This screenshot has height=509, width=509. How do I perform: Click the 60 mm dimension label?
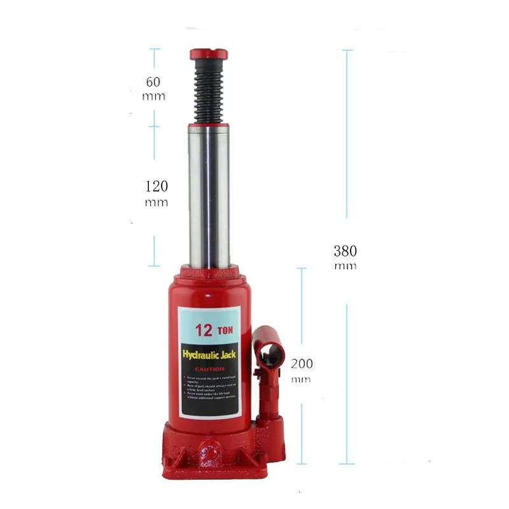(x=153, y=88)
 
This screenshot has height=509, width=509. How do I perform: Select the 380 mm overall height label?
(x=345, y=256)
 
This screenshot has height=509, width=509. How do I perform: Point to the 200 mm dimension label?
(x=301, y=370)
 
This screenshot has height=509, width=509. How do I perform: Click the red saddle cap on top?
(x=208, y=53)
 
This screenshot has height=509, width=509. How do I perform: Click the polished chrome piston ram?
(x=209, y=194)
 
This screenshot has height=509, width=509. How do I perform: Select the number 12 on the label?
(x=204, y=330)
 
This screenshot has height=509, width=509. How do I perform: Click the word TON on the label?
(x=225, y=331)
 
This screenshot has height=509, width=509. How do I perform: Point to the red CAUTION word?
(x=209, y=369)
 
